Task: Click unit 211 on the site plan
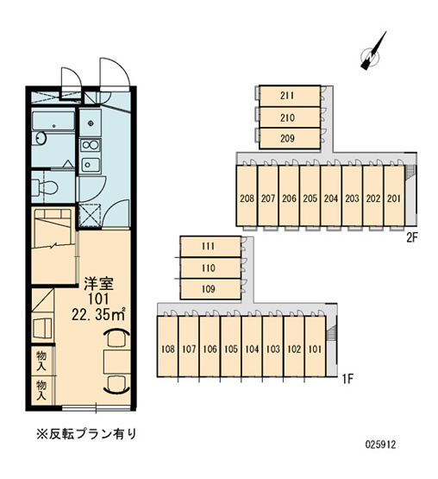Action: click(x=288, y=95)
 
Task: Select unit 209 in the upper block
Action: click(x=288, y=136)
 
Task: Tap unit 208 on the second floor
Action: click(x=247, y=198)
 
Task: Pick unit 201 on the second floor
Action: click(x=394, y=198)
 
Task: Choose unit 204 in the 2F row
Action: click(x=331, y=198)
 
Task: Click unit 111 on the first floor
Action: click(x=208, y=247)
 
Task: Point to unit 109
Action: click(x=208, y=288)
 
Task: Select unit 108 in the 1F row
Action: click(x=167, y=350)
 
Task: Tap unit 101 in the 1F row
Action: click(x=315, y=350)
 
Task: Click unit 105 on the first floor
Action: click(x=230, y=350)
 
